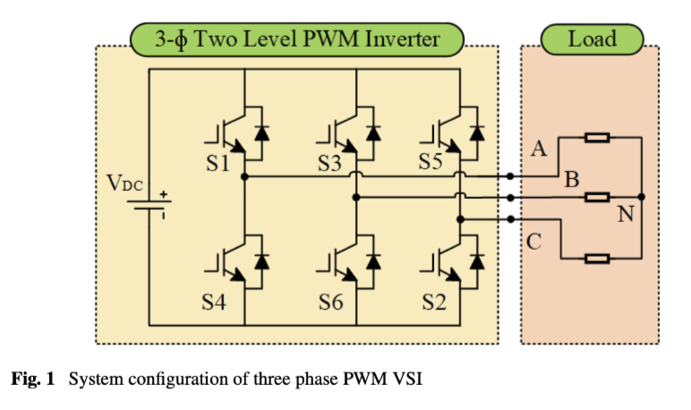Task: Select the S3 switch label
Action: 329,165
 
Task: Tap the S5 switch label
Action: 431,163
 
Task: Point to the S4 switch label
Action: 214,303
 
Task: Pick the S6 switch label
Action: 330,303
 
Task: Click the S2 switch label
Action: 434,303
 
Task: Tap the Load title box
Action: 592,38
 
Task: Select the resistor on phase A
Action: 597,138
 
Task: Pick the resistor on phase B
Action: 597,197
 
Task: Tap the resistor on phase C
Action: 597,259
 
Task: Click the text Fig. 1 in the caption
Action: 32,379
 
